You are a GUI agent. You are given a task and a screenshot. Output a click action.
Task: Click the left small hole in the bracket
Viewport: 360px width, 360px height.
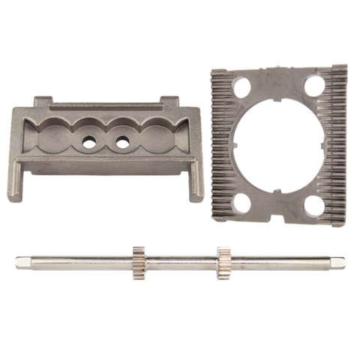pos(89,141)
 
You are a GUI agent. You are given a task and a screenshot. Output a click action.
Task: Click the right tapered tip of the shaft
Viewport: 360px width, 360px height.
pos(344,263)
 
